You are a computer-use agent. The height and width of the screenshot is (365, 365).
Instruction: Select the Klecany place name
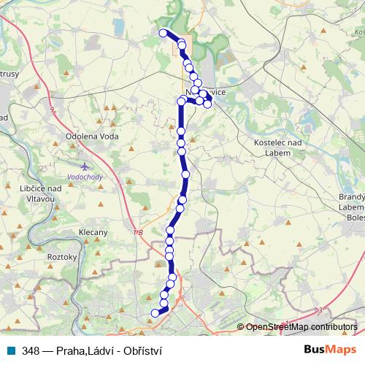click(x=93, y=233)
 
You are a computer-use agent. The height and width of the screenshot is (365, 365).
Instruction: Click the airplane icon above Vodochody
click(x=86, y=166)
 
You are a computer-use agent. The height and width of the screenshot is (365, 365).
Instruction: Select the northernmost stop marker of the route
click(x=164, y=33)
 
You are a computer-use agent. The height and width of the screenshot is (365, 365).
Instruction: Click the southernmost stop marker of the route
click(x=155, y=313)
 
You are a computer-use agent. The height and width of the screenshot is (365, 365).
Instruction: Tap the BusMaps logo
click(x=328, y=350)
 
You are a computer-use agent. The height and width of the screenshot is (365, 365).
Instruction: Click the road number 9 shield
click(x=52, y=109)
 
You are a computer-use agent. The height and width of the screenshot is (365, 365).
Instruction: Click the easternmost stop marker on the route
click(x=208, y=104)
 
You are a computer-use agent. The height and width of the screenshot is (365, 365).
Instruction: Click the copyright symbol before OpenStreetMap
click(x=242, y=327)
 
